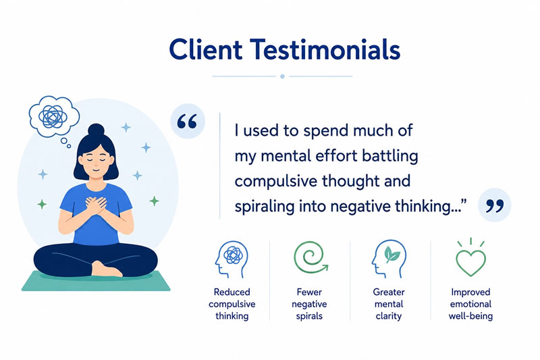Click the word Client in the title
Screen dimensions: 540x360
click(206, 49)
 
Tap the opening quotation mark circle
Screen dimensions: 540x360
click(188, 122)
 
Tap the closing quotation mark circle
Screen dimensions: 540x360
click(494, 205)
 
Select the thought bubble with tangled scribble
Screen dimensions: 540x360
click(53, 116)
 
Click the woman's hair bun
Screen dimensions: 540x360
click(96, 130)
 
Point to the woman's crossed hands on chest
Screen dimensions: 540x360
click(96, 205)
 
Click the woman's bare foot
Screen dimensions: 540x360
click(106, 269)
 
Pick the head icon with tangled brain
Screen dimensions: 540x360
click(232, 259)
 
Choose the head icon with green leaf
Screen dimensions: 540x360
click(389, 259)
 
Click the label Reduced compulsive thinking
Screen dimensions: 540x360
click(232, 304)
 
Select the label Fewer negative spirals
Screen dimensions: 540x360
click(309, 304)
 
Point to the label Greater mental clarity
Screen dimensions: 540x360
click(389, 304)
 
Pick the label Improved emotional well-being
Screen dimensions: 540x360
click(470, 304)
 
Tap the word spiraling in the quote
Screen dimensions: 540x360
click(264, 207)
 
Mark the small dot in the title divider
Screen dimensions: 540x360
click(282, 76)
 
